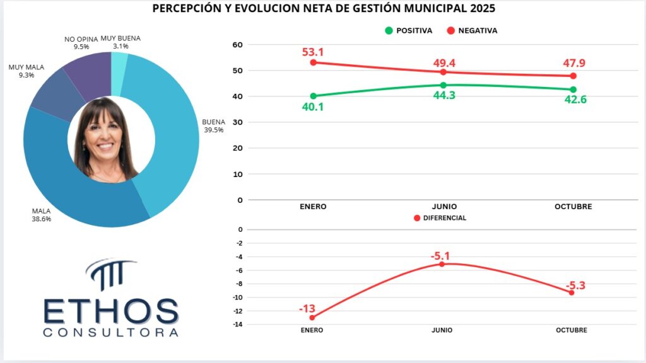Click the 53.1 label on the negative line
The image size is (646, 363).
313,51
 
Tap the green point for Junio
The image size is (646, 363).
443,85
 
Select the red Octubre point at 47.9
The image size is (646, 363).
573,76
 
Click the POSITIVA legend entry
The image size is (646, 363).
409,30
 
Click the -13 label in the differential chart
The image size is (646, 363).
307,308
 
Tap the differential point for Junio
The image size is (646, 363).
442,264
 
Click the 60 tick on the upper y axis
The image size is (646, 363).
238,45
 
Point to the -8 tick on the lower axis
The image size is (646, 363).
238,284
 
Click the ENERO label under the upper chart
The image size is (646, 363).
313,207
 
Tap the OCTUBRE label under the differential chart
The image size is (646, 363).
572,330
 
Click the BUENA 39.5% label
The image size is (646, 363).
213,126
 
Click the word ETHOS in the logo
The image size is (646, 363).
111,311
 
